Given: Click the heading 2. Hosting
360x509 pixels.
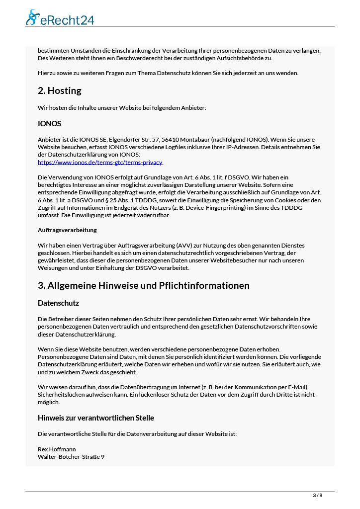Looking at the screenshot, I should tap(60, 91).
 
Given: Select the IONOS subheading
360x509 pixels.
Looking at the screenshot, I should tap(49, 124).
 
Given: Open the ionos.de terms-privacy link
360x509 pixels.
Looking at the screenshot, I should tap(100, 162).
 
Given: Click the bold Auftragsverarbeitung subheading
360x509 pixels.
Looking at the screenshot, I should tap(67, 230).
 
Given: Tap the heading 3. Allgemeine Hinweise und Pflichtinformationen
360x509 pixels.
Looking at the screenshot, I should tap(144, 286).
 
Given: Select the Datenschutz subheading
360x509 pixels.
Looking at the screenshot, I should tap(58, 303).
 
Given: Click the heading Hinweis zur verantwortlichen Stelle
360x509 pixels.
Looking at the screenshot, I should tap(96, 418).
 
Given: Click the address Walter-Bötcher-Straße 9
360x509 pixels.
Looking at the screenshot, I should tap(71, 456).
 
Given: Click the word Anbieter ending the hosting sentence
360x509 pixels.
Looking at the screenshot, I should tap(194, 108).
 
